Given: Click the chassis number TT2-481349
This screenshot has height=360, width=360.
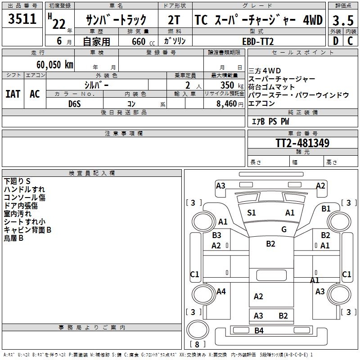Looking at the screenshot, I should pyautogui.click(x=302, y=144).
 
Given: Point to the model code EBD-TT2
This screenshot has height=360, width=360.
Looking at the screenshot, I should pyautogui.click(x=258, y=41).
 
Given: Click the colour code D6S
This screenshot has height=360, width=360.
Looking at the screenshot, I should pyautogui.click(x=75, y=104).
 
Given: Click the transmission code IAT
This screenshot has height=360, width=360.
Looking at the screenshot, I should pyautogui.click(x=13, y=94).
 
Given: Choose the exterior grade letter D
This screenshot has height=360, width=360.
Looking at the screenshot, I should pyautogui.click(x=335, y=41).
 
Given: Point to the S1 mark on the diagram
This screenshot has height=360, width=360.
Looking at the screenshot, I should pyautogui.click(x=252, y=213).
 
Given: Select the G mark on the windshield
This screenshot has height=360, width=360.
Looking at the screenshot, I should pyautogui.click(x=284, y=229).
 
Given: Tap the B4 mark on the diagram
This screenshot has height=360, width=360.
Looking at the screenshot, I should pyautogui.click(x=259, y=331).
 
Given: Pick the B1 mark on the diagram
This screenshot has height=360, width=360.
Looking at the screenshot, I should pyautogui.click(x=326, y=208).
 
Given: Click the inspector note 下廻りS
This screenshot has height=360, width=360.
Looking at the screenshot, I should pyautogui.click(x=17, y=181).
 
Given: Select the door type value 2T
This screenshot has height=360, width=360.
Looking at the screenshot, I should pyautogui.click(x=174, y=20).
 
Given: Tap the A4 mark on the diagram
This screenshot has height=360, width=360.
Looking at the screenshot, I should pyautogui.click(x=221, y=292).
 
